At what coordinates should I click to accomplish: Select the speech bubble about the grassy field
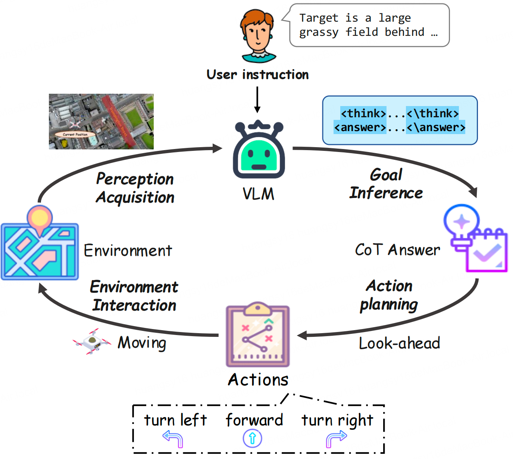369,25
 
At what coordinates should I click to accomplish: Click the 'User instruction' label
257,75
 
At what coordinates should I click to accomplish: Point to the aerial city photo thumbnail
101,121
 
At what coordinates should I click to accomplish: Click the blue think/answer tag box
400,120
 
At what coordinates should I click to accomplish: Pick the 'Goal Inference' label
386,184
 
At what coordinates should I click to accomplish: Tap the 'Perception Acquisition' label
135,188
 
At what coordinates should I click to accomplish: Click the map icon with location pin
40,245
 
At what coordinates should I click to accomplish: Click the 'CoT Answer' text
397,250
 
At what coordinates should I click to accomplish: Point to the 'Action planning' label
389,295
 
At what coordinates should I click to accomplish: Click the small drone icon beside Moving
92,341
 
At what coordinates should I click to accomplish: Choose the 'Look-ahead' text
399,343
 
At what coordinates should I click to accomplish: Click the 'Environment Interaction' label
134,296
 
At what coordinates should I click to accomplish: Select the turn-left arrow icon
173,438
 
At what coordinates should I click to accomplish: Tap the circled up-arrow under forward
253,438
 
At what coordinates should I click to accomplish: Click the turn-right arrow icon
336,438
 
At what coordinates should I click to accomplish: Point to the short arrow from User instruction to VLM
257,99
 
